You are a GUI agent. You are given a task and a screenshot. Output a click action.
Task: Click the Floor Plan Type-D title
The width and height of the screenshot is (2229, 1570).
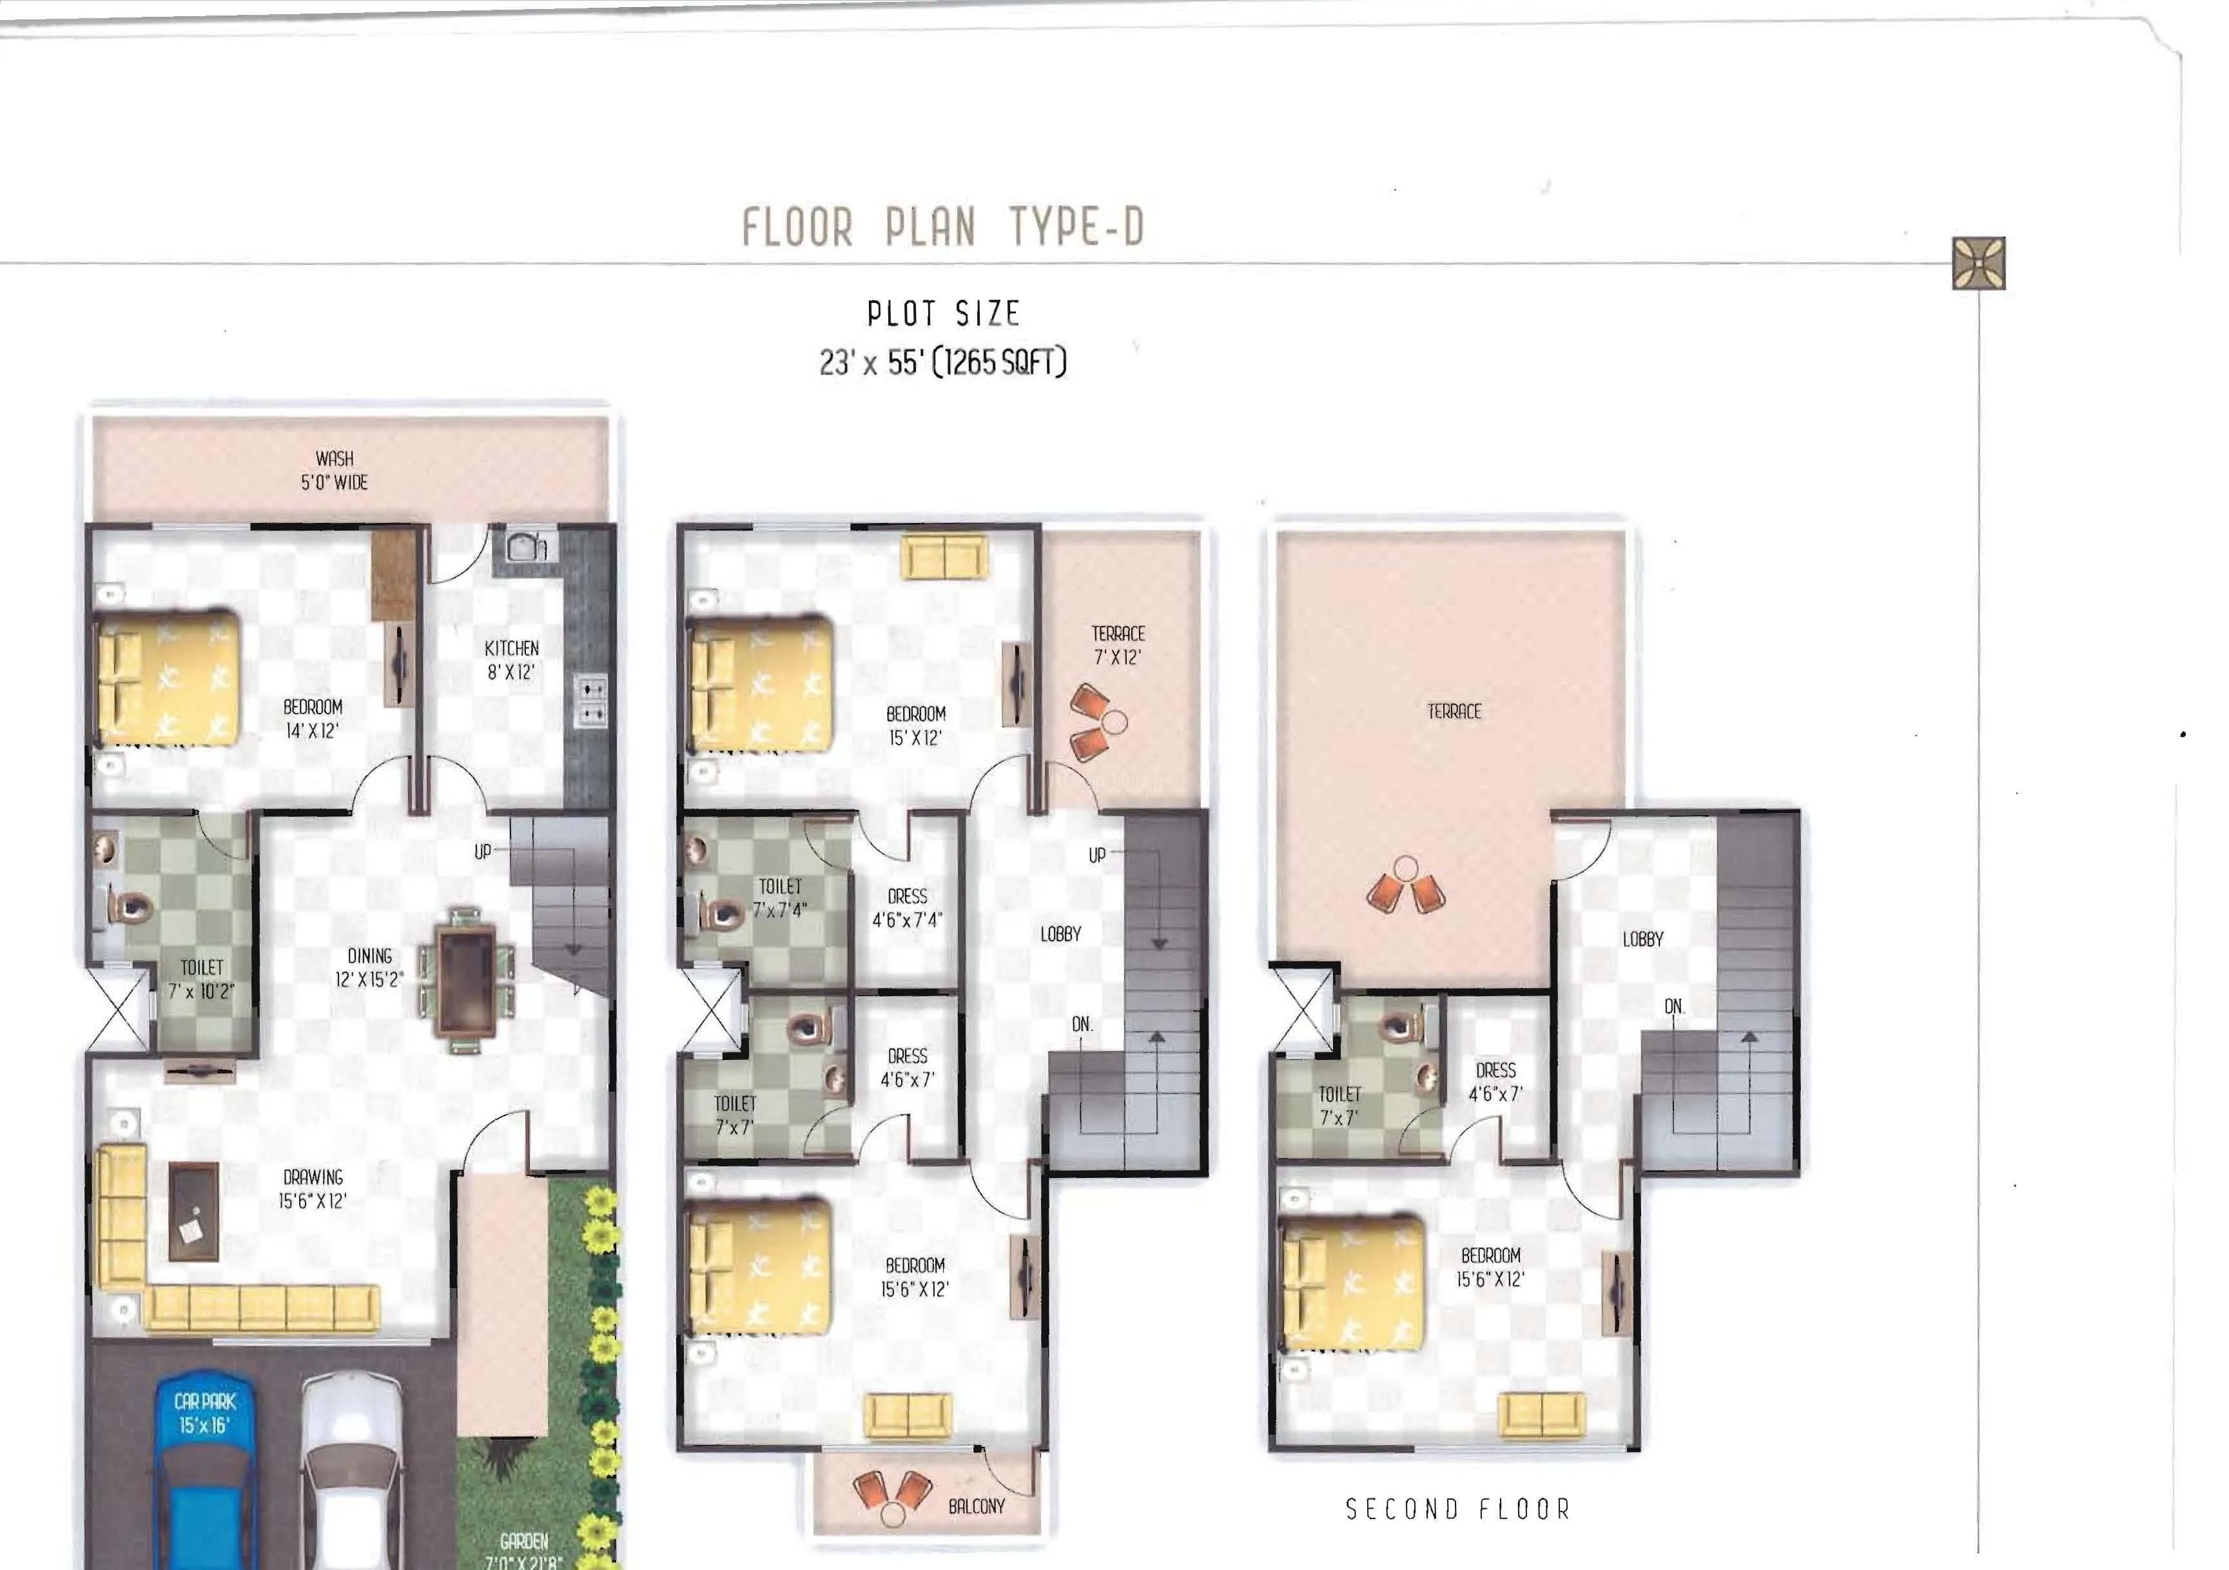942,227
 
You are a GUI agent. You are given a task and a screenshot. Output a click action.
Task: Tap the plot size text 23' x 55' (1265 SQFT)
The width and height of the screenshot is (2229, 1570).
942,362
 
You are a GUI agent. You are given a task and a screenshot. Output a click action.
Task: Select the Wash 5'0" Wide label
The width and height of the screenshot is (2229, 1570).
334,470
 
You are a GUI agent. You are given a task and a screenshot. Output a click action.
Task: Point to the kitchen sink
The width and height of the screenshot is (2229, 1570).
524,547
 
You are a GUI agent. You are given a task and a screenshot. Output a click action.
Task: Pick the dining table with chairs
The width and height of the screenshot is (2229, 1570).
467,979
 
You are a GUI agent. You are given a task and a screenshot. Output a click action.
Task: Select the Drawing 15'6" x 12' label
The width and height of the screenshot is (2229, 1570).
313,1188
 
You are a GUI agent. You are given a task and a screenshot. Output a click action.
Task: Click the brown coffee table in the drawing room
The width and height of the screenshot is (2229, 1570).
193,1212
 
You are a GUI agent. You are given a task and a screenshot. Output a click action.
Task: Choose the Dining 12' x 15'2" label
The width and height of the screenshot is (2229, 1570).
369,968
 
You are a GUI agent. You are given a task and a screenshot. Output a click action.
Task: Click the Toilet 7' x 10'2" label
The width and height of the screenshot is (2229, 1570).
201,979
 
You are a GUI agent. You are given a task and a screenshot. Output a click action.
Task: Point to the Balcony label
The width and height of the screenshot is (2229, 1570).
977,1506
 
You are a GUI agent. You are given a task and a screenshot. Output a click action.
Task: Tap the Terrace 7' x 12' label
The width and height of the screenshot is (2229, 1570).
1118,645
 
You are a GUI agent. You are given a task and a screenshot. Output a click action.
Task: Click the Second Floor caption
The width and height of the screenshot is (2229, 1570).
1458,1509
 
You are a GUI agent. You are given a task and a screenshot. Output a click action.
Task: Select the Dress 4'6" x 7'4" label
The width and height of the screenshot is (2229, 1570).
907,908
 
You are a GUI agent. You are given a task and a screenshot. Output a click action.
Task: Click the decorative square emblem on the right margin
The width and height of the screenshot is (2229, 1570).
1978,263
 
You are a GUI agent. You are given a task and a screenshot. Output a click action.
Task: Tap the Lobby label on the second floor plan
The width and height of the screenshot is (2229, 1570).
1642,939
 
